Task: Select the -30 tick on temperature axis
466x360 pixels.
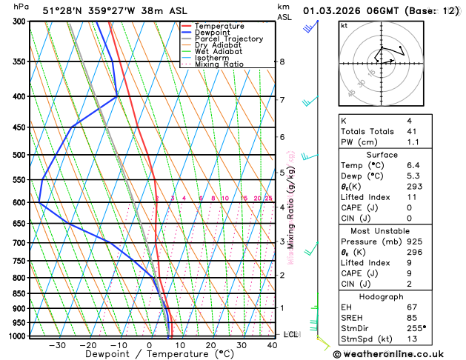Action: coord(57,345)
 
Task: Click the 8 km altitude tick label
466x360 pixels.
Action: coord(282,61)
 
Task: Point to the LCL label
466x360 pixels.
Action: coord(291,335)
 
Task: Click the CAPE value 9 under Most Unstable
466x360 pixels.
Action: coord(410,273)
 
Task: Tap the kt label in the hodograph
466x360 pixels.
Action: coord(344,25)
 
